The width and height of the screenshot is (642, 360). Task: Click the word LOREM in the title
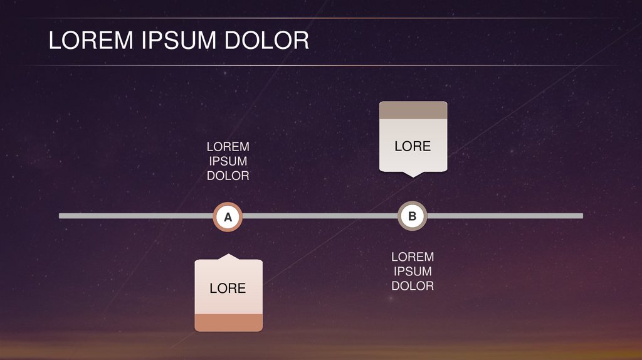(x=92, y=41)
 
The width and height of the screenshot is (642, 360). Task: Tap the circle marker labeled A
(x=228, y=217)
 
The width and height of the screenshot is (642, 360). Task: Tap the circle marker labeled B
(x=413, y=216)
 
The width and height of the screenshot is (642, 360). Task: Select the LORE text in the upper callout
(x=413, y=146)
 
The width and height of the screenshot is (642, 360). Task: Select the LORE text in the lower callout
(x=228, y=289)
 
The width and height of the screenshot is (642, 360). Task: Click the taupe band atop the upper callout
(x=413, y=110)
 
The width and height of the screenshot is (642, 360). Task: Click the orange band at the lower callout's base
(x=228, y=322)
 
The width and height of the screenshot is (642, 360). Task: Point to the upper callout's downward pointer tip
(x=413, y=176)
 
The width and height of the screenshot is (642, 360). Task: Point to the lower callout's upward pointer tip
(x=228, y=255)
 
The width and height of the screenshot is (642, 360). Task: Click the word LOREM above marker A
(x=228, y=147)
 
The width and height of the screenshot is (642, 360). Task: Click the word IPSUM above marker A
(x=228, y=161)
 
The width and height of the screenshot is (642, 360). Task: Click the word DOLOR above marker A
(x=228, y=176)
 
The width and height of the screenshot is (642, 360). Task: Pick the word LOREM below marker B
(x=413, y=257)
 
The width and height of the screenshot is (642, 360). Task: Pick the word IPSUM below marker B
(x=413, y=271)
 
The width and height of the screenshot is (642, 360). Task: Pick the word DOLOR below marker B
(x=413, y=285)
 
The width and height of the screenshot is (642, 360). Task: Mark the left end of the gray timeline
(x=61, y=216)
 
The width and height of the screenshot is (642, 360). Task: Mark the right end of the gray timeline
(x=581, y=216)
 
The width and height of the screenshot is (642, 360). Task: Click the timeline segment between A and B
(x=320, y=216)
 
